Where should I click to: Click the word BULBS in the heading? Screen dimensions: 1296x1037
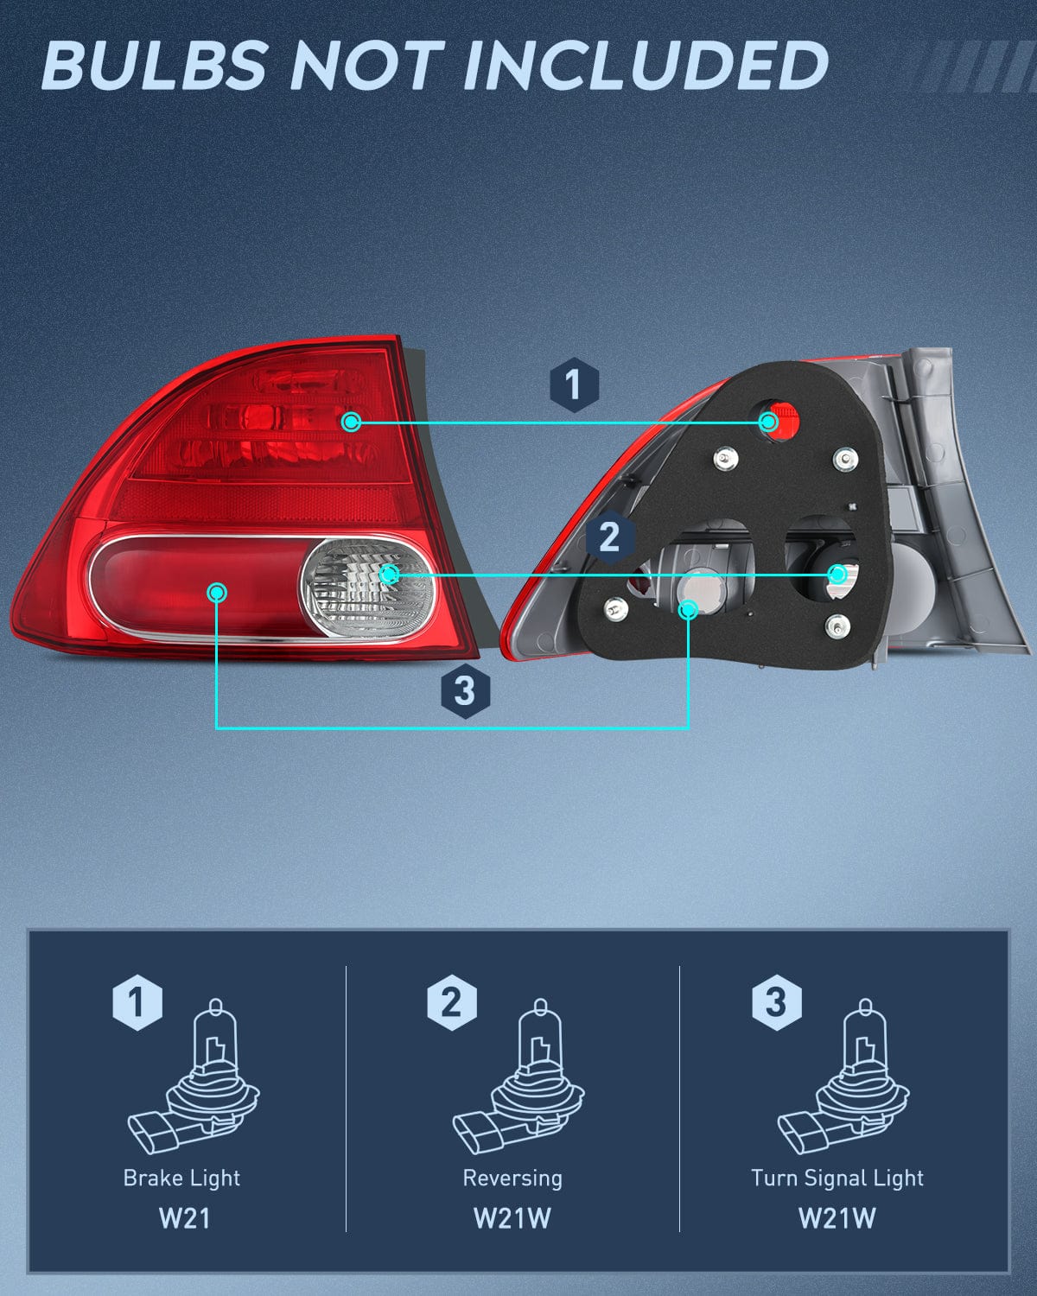click(154, 66)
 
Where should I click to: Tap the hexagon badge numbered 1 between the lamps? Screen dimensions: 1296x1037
click(574, 384)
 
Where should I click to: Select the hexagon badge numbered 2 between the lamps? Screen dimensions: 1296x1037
click(610, 537)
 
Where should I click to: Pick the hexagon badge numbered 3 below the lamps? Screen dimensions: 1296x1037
click(465, 690)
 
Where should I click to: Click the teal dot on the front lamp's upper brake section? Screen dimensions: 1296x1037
click(351, 422)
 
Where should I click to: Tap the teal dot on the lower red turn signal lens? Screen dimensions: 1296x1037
click(217, 592)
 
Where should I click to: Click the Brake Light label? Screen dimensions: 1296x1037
click(181, 1178)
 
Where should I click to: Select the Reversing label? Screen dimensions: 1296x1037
click(512, 1178)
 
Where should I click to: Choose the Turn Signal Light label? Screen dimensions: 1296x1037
click(837, 1178)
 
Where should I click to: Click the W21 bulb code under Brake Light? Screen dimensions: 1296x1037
click(184, 1218)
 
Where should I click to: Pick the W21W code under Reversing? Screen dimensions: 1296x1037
click(512, 1218)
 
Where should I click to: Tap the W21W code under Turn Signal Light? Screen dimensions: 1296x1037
click(837, 1218)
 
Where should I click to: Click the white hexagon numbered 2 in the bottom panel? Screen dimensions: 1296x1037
click(451, 1002)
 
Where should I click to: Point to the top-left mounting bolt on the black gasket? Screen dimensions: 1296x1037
click(724, 458)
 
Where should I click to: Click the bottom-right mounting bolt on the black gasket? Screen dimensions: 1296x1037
click(837, 625)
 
